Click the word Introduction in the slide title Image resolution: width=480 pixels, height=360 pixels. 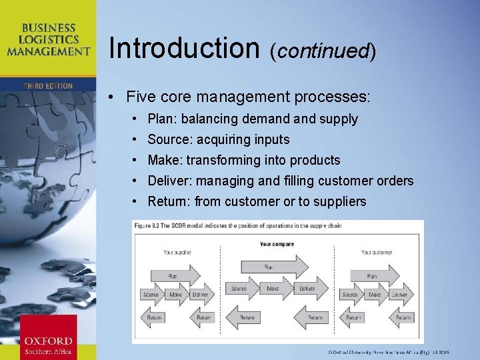183,48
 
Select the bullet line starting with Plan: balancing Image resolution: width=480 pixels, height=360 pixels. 253,119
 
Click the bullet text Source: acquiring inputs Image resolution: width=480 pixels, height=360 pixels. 218,140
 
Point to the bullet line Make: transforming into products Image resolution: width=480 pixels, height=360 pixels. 243,161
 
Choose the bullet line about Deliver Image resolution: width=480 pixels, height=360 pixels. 280,181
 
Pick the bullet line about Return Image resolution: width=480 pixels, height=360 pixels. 257,202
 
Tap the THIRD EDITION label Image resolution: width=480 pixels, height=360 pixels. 48,86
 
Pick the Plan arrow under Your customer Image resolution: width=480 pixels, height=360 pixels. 374,275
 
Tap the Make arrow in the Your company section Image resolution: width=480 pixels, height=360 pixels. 273,289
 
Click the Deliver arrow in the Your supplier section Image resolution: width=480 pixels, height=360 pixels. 200,294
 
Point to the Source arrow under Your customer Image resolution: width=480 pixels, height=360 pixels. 351,294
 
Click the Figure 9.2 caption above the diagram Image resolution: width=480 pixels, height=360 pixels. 237,226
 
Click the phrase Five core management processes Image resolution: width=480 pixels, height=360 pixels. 247,97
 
